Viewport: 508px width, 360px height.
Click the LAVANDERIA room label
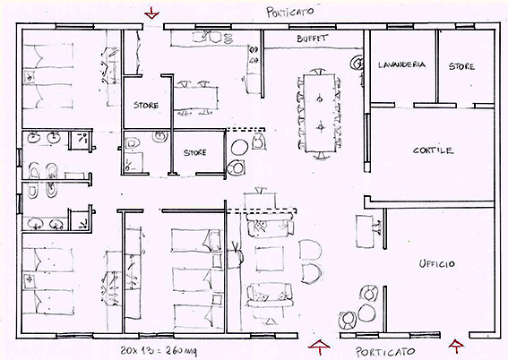pos(401,64)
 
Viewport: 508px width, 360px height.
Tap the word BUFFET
pos(313,39)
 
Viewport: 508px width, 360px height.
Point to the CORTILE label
pos(433,150)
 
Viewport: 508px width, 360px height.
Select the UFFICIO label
pos(436,264)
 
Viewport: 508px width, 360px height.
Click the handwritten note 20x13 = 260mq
pos(159,350)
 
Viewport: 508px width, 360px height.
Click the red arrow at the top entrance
pos(151,13)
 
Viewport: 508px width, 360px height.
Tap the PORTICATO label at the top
pos(290,12)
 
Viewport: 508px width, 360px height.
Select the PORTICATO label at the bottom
pos(385,352)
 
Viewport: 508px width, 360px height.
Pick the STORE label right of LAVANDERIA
pos(461,66)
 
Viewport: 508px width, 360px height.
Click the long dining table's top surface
pos(320,113)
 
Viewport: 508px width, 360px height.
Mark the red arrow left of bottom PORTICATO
pos(320,347)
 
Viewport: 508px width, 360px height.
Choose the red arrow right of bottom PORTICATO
pos(456,346)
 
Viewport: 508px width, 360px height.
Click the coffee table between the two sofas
pos(269,259)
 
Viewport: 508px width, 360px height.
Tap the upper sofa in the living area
pos(271,226)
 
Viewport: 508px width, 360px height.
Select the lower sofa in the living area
pos(270,296)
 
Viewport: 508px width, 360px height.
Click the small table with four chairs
pos(195,99)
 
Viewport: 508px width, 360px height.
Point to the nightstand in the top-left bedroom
pos(30,77)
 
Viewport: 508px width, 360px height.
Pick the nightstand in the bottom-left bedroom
pos(30,280)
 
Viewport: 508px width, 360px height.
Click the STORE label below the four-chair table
pos(195,152)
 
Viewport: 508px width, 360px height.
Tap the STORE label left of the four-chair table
pos(146,105)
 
